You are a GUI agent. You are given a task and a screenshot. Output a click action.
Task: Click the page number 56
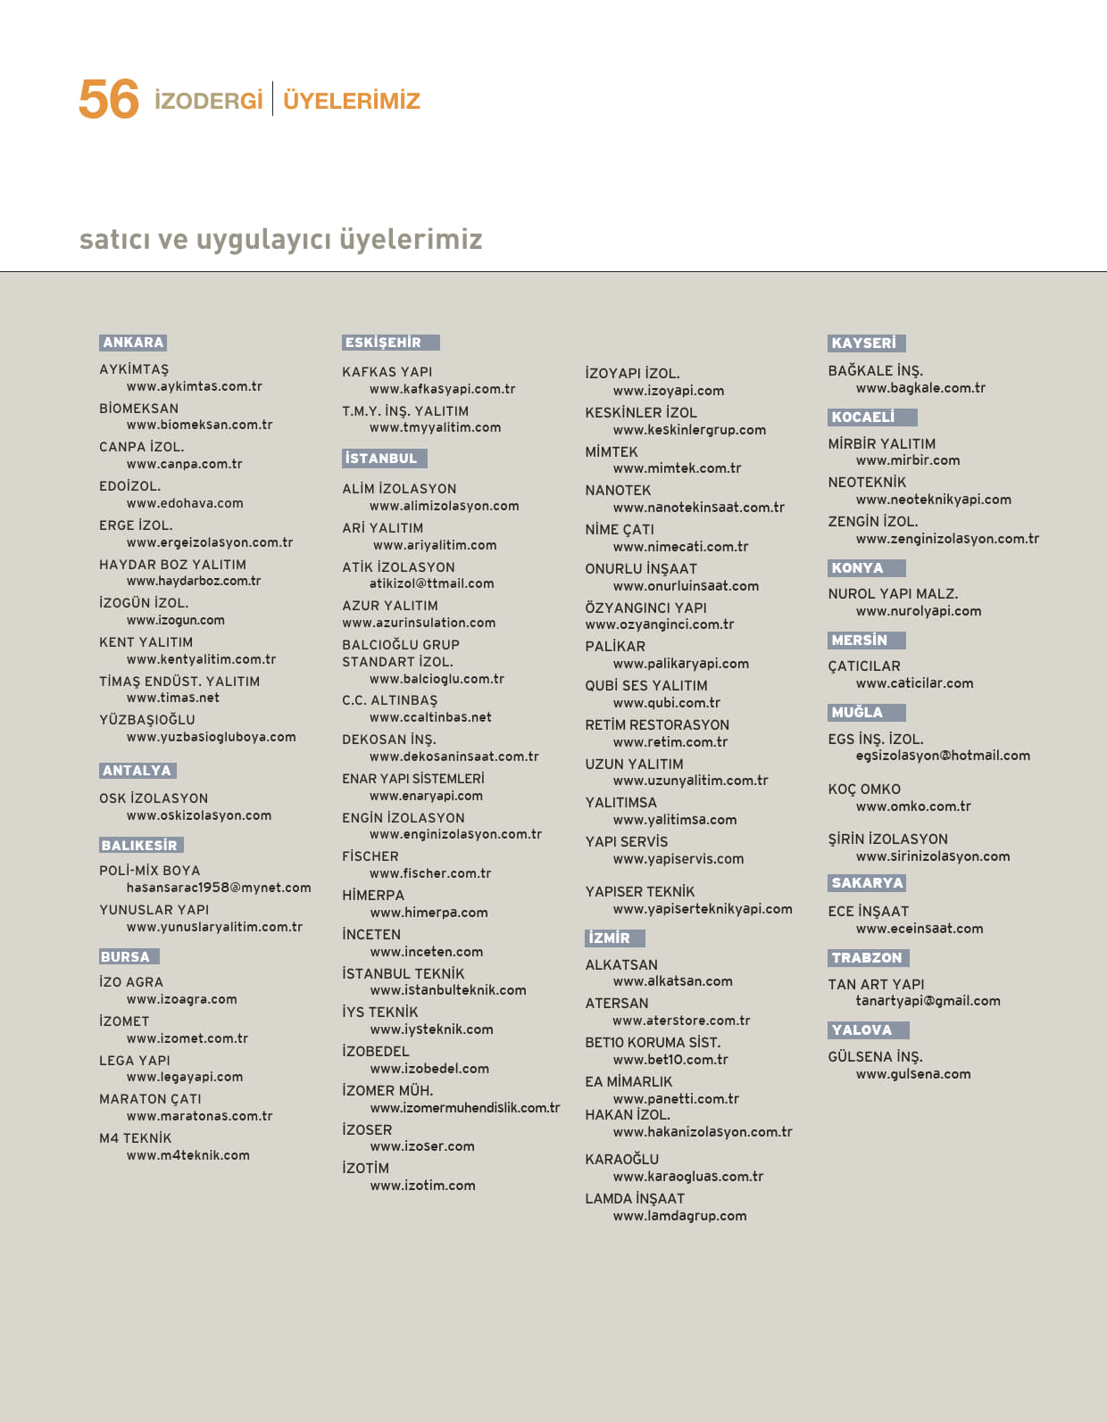pos(108,99)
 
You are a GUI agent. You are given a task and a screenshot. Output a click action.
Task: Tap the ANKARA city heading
pos(133,343)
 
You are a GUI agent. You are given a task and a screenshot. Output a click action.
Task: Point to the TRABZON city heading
pos(867,958)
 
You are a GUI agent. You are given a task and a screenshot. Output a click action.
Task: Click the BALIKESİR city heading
pos(140,846)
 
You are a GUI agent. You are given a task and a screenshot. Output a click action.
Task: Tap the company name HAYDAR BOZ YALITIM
pos(172,565)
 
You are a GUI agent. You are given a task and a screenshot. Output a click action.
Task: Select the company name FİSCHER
pos(370,856)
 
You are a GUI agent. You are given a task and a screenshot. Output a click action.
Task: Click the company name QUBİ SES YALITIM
pos(646,686)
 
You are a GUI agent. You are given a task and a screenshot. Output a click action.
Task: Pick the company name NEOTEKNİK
pos(867,483)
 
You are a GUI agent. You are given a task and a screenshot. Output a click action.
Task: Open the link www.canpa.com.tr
pos(185,464)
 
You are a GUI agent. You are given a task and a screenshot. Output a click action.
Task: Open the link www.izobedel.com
pos(429,1069)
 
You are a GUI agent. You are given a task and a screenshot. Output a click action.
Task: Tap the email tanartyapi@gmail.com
pos(928,1001)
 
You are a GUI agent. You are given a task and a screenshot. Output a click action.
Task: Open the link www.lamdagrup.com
pos(679,1216)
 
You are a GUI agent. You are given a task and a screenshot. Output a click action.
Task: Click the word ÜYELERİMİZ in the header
pos(351,101)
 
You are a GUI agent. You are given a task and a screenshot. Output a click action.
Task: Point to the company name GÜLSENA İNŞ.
pos(875,1057)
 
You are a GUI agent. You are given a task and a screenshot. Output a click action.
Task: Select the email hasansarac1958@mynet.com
pos(219,888)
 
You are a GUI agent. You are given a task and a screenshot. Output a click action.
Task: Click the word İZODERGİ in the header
pos(209,101)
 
